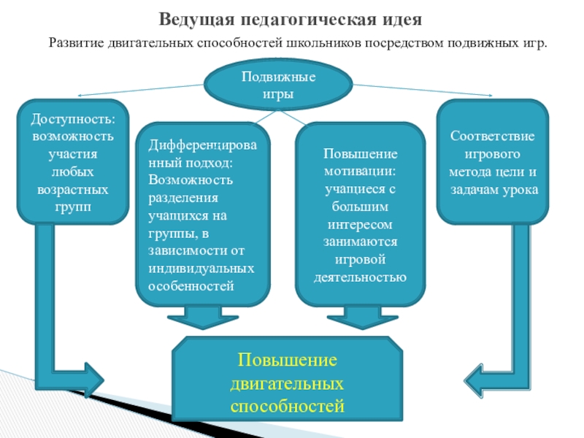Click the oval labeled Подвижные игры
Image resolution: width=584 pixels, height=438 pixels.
click(x=278, y=86)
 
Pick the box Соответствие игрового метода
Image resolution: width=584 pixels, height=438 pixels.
click(x=493, y=162)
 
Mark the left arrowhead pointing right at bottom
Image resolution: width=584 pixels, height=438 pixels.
click(x=93, y=380)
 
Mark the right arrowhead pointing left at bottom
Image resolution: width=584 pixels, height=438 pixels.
click(x=479, y=380)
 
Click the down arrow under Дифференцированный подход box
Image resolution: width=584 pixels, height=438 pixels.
click(x=198, y=319)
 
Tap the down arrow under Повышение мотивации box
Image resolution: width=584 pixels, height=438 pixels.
click(x=358, y=319)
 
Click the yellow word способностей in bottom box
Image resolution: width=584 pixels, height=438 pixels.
click(x=287, y=404)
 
